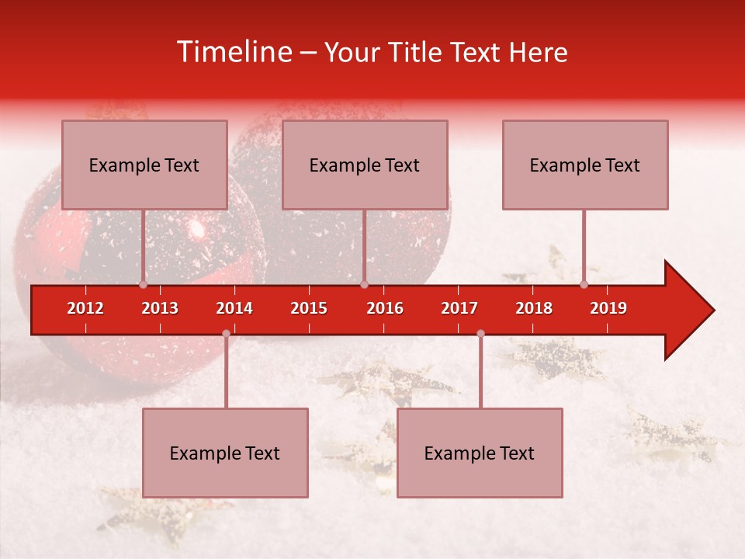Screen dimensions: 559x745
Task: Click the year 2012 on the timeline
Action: [x=85, y=308]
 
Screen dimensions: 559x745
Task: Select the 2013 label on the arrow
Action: [x=160, y=308]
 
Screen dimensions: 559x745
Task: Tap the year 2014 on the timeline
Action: [x=234, y=308]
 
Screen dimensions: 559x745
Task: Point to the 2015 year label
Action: [x=309, y=308]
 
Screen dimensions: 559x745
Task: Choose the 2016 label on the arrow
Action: [x=385, y=308]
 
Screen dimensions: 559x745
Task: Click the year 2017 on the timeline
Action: [x=459, y=308]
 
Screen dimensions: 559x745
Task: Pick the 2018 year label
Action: [x=534, y=308]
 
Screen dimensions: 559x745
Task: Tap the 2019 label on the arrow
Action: [x=608, y=308]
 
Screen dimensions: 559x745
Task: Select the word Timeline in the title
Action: [x=234, y=52]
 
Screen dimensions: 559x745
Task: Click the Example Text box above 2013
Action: [x=144, y=165]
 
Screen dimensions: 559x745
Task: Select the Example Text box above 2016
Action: [x=365, y=165]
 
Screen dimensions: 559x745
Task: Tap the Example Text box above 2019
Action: [x=585, y=165]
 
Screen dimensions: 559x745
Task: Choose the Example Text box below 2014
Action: [x=225, y=453]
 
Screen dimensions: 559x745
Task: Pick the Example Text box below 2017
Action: [x=480, y=453]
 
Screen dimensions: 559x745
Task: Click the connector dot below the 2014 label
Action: [x=226, y=333]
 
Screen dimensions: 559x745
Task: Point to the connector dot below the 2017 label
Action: [x=480, y=333]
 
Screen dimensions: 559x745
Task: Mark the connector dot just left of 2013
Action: [x=144, y=284]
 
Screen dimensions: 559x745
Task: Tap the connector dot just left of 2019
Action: [x=584, y=284]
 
